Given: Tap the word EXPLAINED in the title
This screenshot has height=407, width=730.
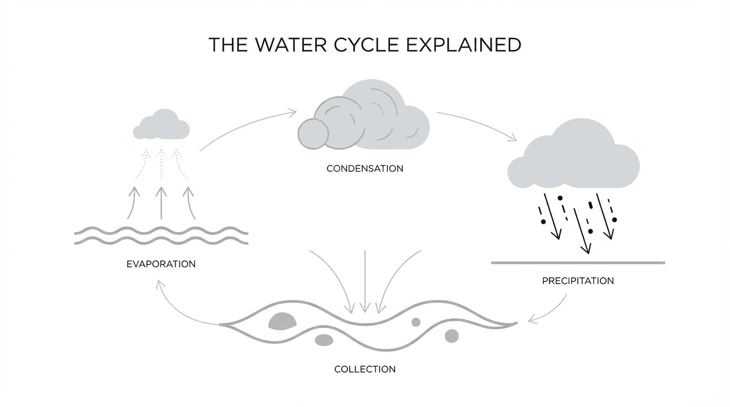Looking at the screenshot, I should pyautogui.click(x=463, y=45).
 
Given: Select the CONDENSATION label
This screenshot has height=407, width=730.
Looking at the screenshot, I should pyautogui.click(x=364, y=169).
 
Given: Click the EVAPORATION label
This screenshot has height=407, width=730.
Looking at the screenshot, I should pyautogui.click(x=161, y=263).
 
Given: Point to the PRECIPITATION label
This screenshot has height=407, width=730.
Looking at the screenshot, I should pyautogui.click(x=578, y=280).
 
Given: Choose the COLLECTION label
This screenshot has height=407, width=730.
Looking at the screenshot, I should pyautogui.click(x=364, y=369).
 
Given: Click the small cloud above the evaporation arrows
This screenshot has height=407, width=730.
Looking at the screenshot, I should pyautogui.click(x=161, y=125).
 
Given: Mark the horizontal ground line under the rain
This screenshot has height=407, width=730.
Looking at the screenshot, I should pyautogui.click(x=578, y=262).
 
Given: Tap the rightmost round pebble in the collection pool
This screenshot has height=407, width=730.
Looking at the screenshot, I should pyautogui.click(x=451, y=335).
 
